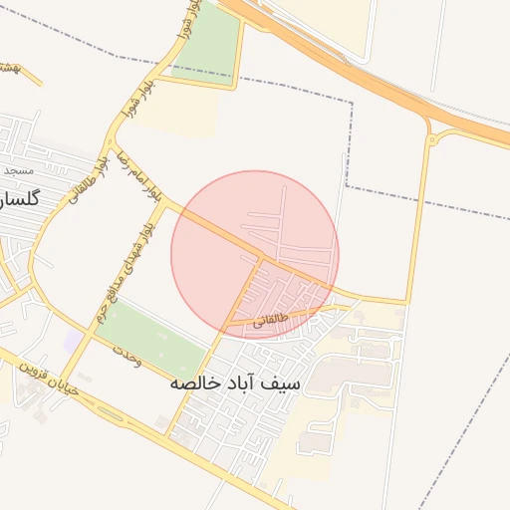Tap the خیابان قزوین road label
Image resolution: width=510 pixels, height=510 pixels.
[42, 377]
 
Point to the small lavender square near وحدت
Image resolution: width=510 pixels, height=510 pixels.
[73, 342]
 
